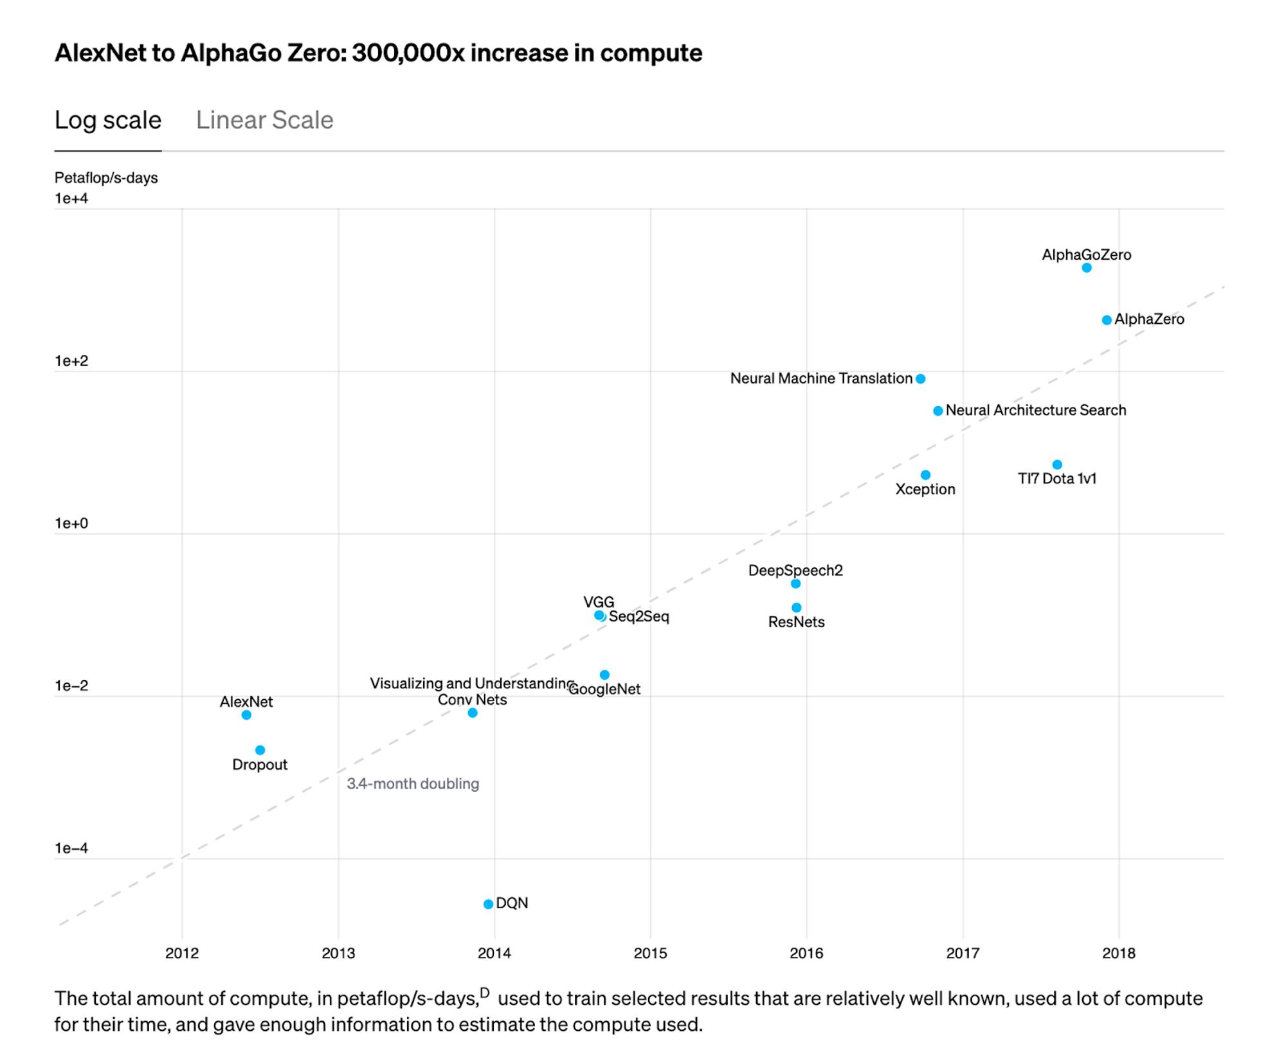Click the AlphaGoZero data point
click(x=1086, y=268)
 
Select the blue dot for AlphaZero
click(x=1107, y=320)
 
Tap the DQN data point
click(x=488, y=904)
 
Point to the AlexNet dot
click(x=246, y=715)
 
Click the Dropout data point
click(x=260, y=750)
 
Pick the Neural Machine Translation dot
click(x=921, y=379)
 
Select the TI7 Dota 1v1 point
click(x=1057, y=465)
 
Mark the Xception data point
click(x=925, y=475)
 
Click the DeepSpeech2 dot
click(x=795, y=584)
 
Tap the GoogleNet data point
click(x=604, y=675)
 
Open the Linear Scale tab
click(x=264, y=120)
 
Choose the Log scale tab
click(x=108, y=120)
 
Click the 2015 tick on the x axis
click(x=650, y=953)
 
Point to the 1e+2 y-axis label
click(x=71, y=361)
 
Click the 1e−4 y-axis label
click(x=71, y=848)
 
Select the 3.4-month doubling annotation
click(x=413, y=784)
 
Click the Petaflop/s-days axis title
click(x=106, y=178)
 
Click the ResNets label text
click(x=796, y=622)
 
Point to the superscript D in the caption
click(x=485, y=993)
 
